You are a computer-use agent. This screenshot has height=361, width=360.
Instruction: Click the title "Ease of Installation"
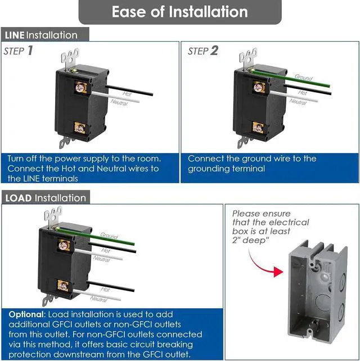pos(179,12)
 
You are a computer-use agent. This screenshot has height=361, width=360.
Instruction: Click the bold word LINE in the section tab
pos(15,35)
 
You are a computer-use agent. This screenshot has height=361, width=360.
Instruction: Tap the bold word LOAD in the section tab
pos(18,198)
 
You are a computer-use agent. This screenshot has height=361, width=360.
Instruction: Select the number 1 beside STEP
pos(29,51)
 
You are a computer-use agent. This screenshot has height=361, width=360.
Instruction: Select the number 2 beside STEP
pos(214,51)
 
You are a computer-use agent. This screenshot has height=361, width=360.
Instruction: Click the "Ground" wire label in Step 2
pos(303,77)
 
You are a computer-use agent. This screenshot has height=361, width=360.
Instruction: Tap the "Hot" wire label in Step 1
pos(127,94)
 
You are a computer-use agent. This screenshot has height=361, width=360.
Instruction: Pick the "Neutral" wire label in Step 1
pos(119,102)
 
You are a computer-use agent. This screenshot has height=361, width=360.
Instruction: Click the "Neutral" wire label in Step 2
pos(298,102)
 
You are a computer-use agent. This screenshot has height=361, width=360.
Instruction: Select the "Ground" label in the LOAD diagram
pos(109,235)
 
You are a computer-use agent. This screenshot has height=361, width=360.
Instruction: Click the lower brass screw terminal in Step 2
pos(258,127)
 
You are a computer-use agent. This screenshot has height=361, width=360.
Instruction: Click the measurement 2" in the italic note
pos(236,241)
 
